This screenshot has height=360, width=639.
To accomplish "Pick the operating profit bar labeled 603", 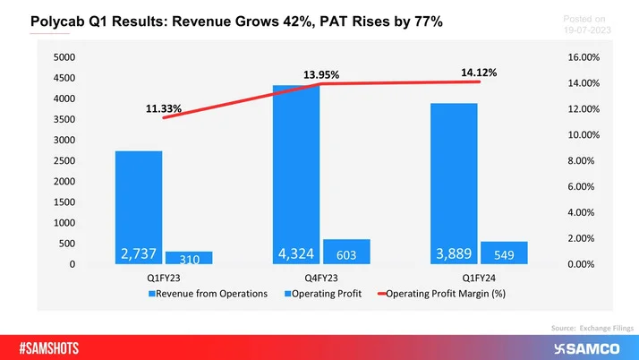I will pyautogui.click(x=346, y=252).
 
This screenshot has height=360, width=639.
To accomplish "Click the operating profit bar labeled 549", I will pyautogui.click(x=504, y=253).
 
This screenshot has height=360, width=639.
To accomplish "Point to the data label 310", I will pyautogui.click(x=189, y=259).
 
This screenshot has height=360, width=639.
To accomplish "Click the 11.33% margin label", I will pyautogui.click(x=164, y=109).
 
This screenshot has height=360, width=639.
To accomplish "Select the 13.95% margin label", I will pyautogui.click(x=320, y=75).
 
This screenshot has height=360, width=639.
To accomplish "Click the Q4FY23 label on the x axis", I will pyautogui.click(x=321, y=277).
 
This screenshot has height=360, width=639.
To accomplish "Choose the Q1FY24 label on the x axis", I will pyautogui.click(x=478, y=277).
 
